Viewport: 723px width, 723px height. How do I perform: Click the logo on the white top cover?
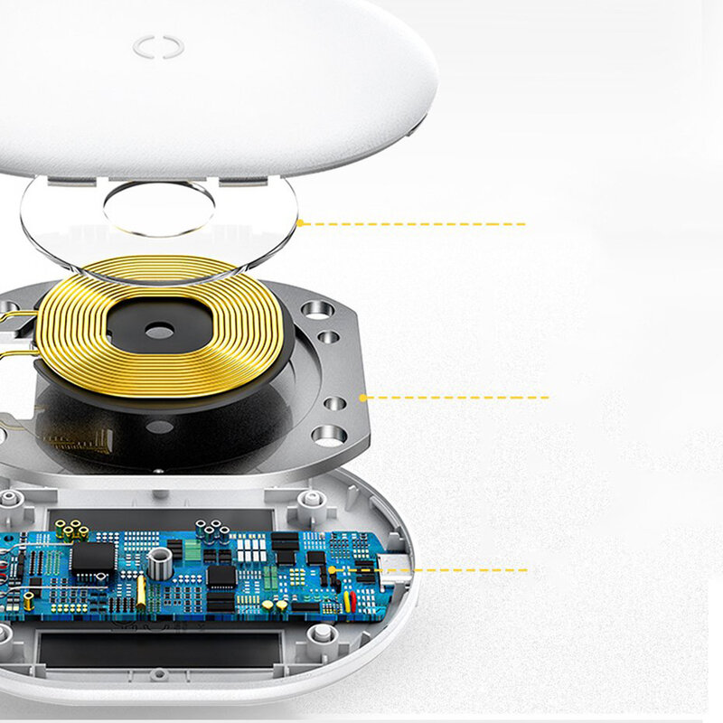[158, 46]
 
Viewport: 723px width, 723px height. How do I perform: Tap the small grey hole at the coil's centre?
[159, 332]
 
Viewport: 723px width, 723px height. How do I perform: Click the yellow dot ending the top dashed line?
[299, 222]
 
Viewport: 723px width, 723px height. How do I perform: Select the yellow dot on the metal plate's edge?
[362, 397]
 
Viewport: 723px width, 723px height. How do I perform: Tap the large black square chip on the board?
[93, 558]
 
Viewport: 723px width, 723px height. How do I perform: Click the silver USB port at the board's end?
[396, 564]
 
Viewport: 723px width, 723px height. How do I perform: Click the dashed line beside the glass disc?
[416, 223]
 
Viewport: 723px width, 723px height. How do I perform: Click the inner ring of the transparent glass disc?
[159, 209]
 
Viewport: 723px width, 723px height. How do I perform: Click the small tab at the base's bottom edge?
[159, 673]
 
